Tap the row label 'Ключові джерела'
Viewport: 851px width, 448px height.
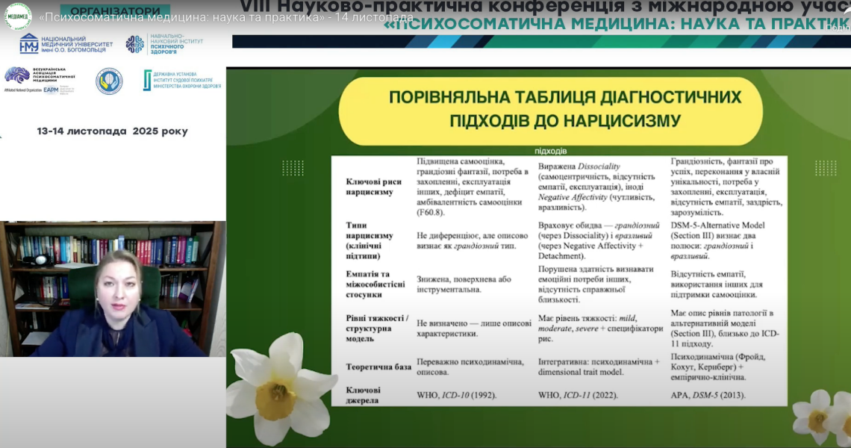pos(364,395)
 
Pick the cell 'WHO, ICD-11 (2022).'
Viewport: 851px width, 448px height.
pos(579,395)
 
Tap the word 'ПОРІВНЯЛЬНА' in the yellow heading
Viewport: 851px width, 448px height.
pos(452,98)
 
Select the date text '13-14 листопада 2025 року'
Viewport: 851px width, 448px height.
pos(113,131)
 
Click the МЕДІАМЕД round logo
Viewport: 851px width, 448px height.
pos(17,16)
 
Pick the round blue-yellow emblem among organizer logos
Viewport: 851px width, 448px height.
pos(109,81)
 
